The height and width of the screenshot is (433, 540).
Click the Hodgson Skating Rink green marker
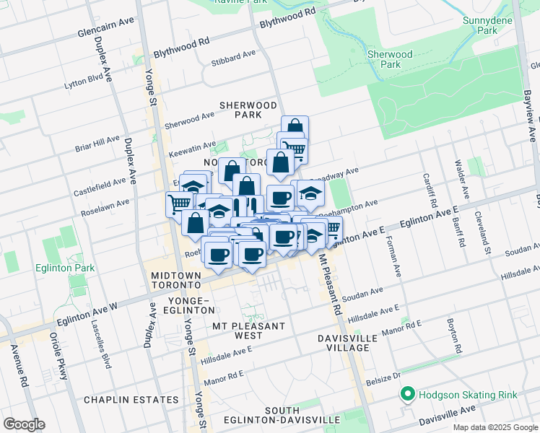(408, 394)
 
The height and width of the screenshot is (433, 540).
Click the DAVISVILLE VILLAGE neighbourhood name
(344, 343)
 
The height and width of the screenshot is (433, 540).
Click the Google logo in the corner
(24, 424)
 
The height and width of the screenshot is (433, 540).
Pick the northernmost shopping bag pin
(295, 127)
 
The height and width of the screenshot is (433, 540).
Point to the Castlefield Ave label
(103, 189)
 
